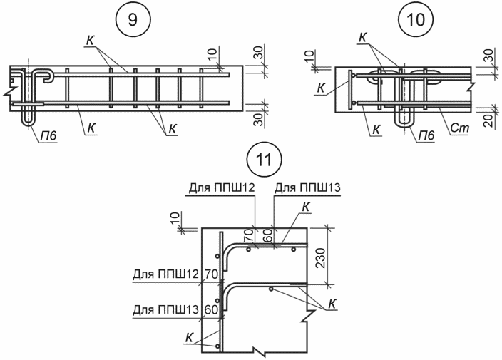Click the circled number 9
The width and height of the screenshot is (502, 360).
(133, 20)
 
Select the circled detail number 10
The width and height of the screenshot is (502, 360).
(415, 20)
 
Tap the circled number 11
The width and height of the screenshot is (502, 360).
(265, 160)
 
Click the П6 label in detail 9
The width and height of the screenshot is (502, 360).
(48, 136)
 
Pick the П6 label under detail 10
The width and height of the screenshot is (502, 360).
(426, 135)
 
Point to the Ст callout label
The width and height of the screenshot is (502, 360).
(460, 128)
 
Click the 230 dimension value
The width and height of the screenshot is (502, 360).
(320, 258)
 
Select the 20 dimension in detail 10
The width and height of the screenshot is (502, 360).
(488, 121)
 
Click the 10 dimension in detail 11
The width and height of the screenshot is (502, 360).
(175, 217)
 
